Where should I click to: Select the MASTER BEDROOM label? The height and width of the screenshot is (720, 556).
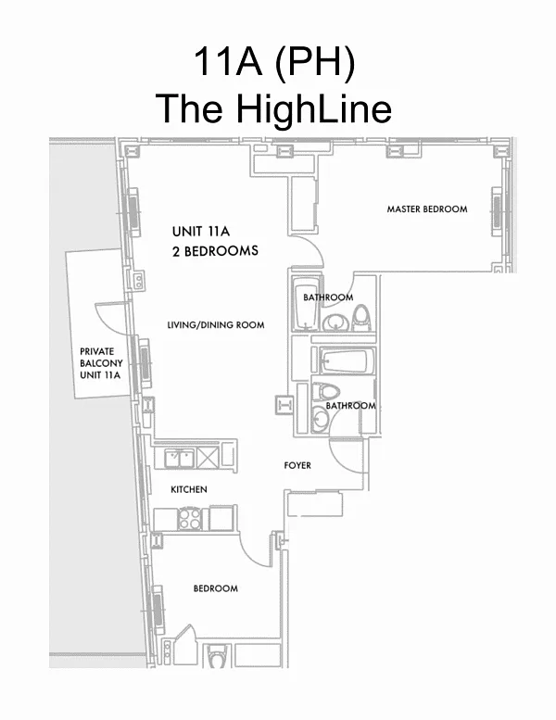pyautogui.click(x=426, y=209)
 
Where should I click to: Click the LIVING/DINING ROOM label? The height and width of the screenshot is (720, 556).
pyautogui.click(x=215, y=325)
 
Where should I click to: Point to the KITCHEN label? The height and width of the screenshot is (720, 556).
pyautogui.click(x=188, y=489)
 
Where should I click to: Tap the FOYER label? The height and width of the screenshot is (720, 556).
pyautogui.click(x=297, y=465)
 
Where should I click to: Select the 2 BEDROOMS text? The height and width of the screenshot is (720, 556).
pyautogui.click(x=215, y=251)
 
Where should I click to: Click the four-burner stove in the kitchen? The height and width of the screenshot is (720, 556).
pyautogui.click(x=190, y=519)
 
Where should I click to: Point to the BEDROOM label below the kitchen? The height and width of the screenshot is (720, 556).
pyautogui.click(x=215, y=588)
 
